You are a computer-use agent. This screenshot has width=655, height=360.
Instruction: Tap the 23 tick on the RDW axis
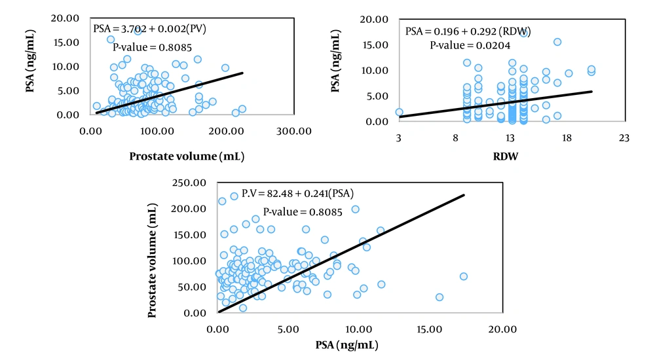click(x=624, y=138)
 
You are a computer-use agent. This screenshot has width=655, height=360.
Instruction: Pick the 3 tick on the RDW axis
click(x=399, y=138)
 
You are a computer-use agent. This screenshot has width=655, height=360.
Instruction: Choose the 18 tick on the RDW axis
click(x=567, y=138)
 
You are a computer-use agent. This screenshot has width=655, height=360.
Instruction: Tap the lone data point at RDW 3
click(x=399, y=112)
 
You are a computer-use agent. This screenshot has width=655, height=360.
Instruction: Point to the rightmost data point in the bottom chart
click(x=463, y=276)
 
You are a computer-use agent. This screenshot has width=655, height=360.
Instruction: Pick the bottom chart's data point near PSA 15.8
click(x=439, y=297)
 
